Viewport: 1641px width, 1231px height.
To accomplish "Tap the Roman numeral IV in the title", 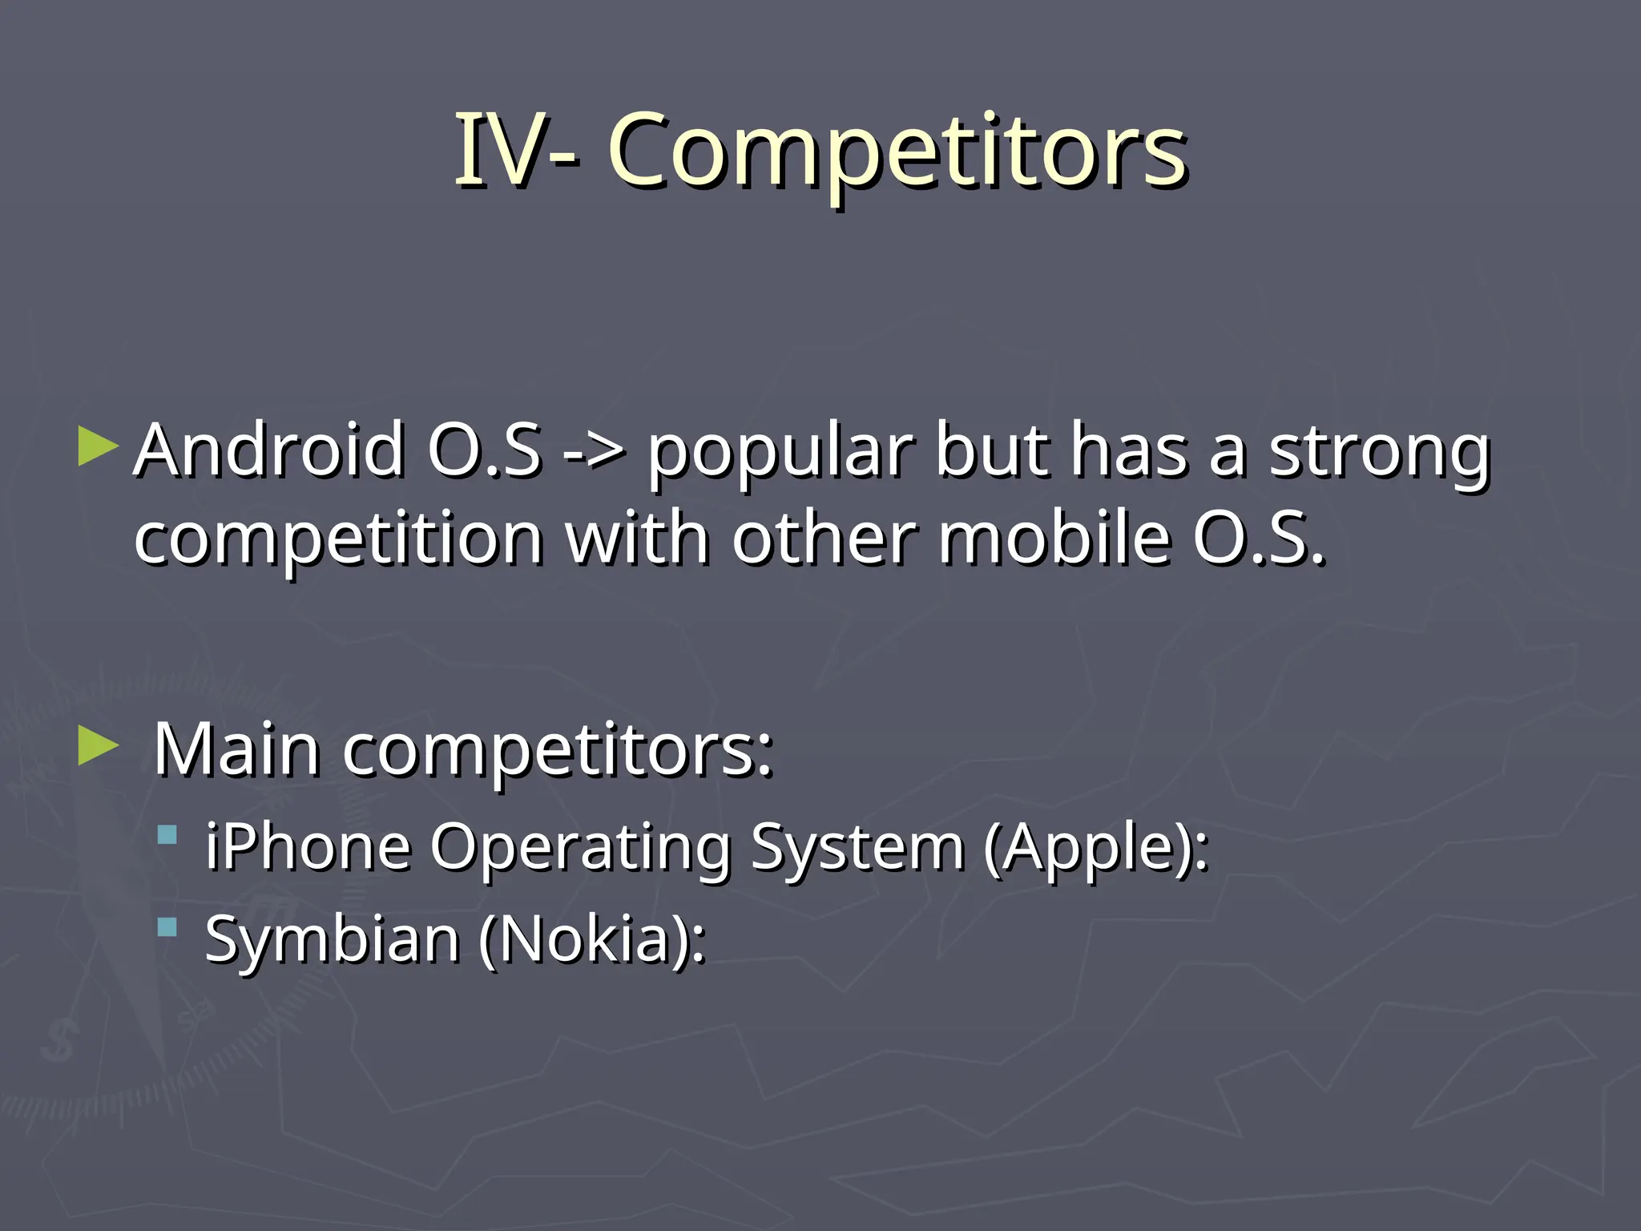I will pyautogui.click(x=502, y=151).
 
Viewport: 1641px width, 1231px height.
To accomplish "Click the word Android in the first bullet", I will pyautogui.click(x=269, y=450).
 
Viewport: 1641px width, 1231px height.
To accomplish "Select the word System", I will pyautogui.click(x=857, y=848).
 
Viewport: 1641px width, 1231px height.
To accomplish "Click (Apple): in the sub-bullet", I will pyautogui.click(x=1096, y=848).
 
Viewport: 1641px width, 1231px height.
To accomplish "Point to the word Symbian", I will pyautogui.click(x=332, y=939).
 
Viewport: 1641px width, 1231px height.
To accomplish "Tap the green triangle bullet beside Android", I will pyautogui.click(x=98, y=446).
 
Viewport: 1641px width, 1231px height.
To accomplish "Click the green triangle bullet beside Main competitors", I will pyautogui.click(x=98, y=746).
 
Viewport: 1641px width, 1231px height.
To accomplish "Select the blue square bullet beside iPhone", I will pyautogui.click(x=167, y=836).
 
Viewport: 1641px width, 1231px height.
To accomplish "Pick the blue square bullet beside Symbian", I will pyautogui.click(x=167, y=928).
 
